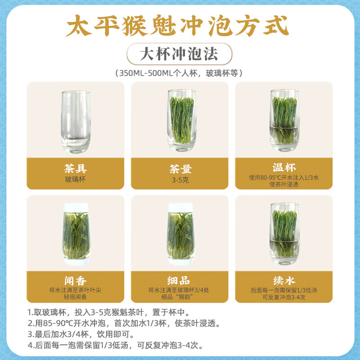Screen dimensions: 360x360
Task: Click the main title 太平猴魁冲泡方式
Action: click(x=176, y=27)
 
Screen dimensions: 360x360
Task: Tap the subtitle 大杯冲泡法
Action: click(x=179, y=54)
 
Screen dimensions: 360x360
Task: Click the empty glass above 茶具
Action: click(x=75, y=121)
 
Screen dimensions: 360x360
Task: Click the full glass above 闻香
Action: click(x=75, y=233)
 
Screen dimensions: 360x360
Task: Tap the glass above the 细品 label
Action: click(x=180, y=233)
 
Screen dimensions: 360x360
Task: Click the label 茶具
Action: click(x=75, y=168)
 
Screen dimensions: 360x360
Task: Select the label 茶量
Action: click(x=180, y=168)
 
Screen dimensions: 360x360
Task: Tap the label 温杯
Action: click(x=284, y=168)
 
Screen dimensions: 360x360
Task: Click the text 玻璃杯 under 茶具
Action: click(x=75, y=179)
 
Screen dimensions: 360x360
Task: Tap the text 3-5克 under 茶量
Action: click(x=180, y=179)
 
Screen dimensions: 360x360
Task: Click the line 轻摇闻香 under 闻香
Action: click(x=75, y=297)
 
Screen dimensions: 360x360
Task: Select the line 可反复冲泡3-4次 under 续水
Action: click(x=284, y=297)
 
